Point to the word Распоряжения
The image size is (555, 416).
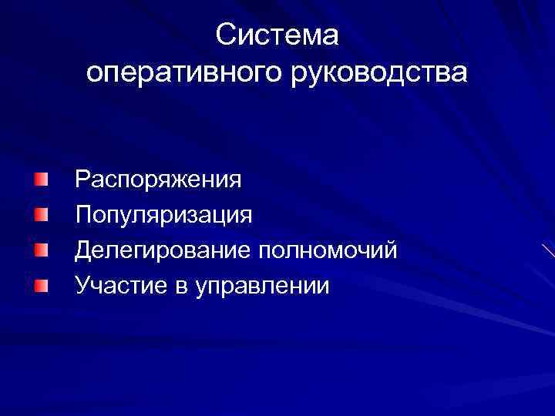tap(158, 180)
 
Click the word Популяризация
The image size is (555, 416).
tap(163, 215)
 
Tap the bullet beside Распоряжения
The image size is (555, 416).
tap(41, 179)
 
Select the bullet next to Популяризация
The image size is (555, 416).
tap(41, 214)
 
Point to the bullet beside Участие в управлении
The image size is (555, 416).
tap(41, 285)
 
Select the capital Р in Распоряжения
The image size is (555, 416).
tap(82, 179)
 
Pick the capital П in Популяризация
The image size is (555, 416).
tap(83, 214)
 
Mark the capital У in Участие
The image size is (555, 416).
tap(82, 285)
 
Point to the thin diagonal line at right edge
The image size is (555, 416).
tap(548, 250)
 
